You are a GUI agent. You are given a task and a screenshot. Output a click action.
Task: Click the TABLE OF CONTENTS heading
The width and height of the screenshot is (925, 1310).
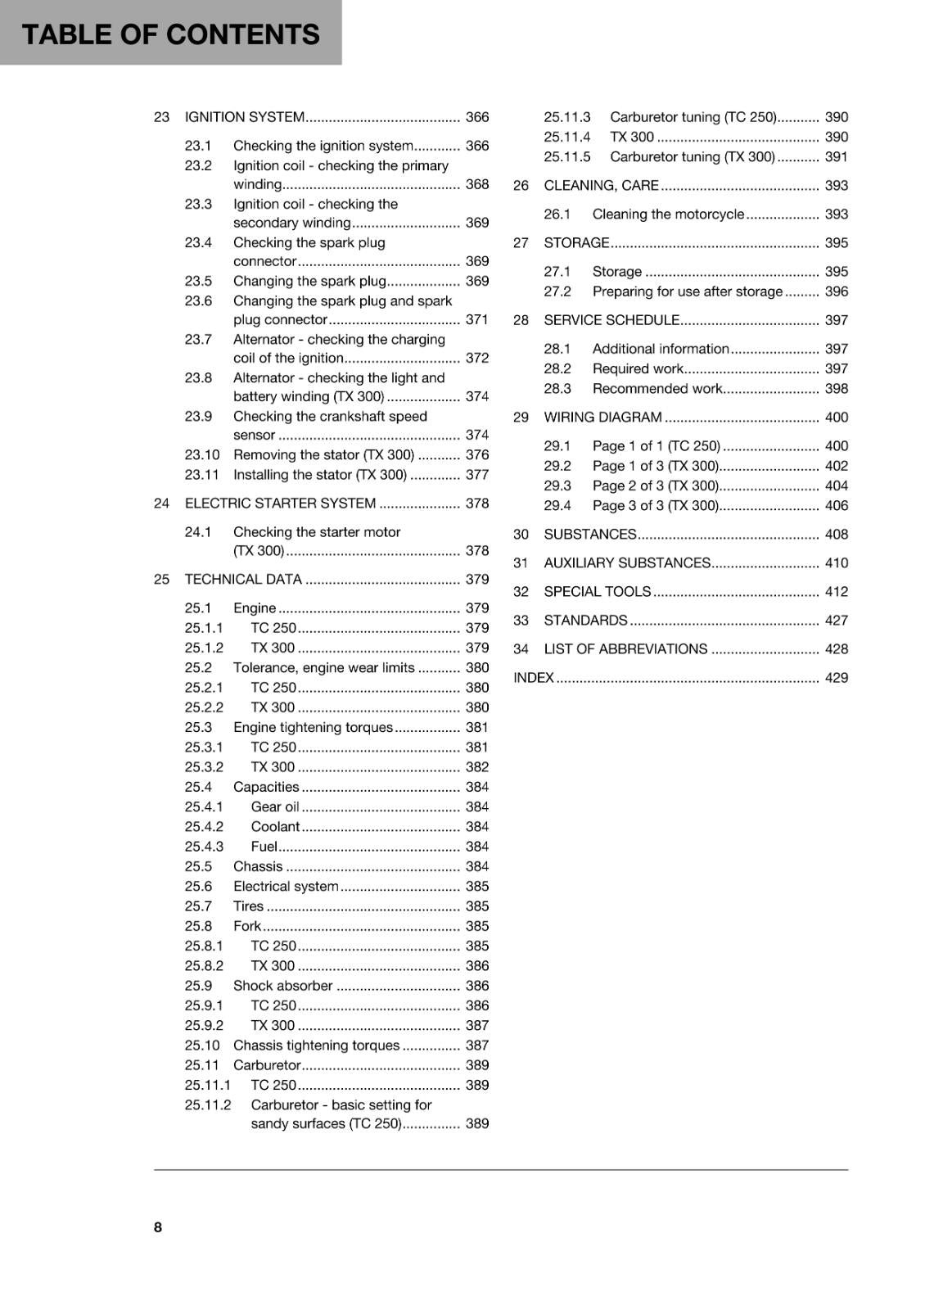coord(170,34)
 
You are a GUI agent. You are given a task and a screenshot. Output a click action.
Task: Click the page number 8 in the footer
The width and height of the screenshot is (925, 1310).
coord(158,1226)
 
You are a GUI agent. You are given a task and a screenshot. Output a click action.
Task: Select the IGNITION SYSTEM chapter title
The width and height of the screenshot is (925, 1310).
coord(245,117)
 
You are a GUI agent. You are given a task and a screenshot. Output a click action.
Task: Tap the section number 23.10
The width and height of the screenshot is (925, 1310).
coord(202,454)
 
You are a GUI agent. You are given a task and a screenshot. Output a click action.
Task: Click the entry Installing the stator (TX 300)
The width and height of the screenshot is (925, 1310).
coord(319,475)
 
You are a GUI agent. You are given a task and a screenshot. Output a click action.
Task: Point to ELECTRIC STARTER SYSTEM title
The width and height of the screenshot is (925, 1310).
coord(280,503)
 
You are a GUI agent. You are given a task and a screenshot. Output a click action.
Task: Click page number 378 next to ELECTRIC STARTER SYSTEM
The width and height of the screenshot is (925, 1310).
coord(476,503)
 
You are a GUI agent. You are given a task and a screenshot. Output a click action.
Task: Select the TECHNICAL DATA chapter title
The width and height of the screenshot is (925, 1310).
coord(243,579)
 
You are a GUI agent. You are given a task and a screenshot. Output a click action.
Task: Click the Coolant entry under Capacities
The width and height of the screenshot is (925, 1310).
coord(275,826)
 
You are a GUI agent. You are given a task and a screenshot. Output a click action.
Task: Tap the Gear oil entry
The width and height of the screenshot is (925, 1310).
coord(275,806)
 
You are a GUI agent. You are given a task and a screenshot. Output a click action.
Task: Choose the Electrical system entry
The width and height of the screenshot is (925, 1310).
coord(286,886)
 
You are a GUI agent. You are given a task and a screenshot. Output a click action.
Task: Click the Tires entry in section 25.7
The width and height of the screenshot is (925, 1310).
coord(248,906)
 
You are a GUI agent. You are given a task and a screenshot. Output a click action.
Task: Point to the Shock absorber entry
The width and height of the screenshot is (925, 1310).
coord(282,985)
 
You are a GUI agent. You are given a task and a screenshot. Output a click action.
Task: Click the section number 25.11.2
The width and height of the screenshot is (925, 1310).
coord(208,1104)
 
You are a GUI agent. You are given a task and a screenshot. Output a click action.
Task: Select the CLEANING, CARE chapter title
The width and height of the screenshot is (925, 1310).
coord(601,185)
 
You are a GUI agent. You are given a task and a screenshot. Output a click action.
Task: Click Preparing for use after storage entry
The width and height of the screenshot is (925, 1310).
coord(688,291)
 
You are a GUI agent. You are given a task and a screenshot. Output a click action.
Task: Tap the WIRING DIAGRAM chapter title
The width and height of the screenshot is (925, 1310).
coord(602,417)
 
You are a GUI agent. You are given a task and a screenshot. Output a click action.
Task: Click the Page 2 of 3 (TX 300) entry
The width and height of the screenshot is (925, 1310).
coord(655,486)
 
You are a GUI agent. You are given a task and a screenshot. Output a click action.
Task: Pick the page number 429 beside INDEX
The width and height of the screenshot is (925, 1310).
coord(836,677)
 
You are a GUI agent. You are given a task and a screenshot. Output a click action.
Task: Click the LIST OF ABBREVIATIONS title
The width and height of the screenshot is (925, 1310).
coord(625,648)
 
